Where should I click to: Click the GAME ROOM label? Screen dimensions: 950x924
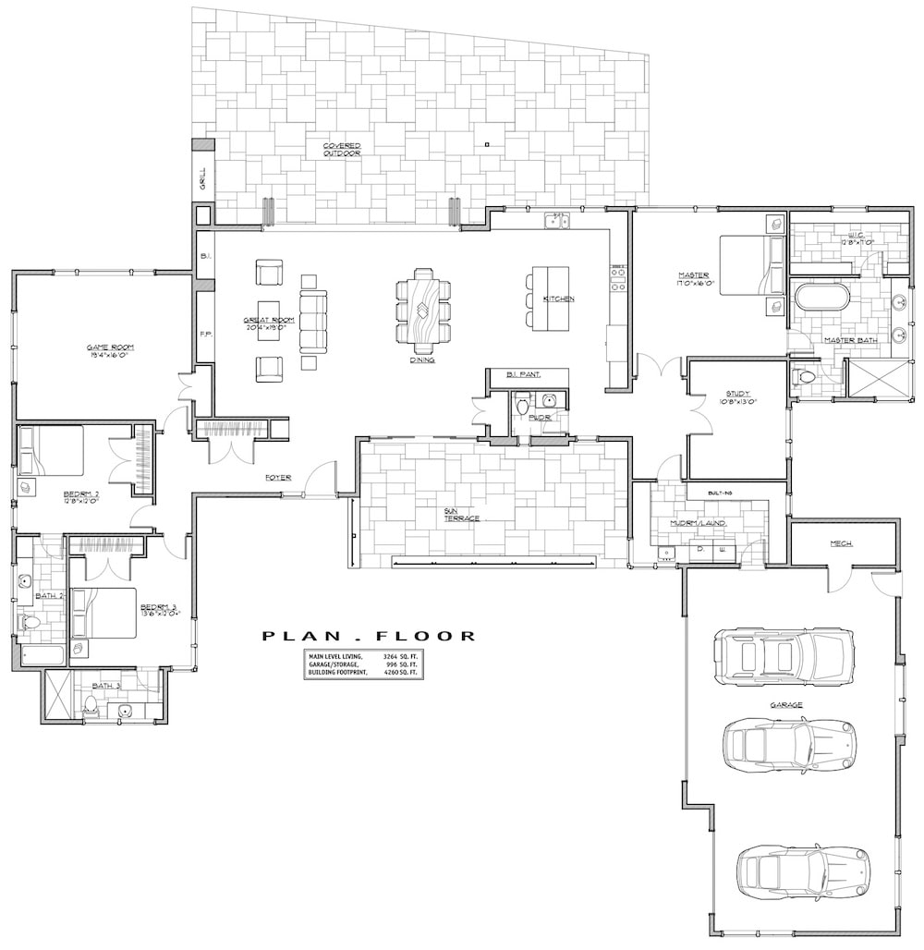click(x=111, y=347)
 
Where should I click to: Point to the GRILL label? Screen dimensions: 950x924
click(x=203, y=178)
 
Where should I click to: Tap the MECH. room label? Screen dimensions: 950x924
click(x=841, y=543)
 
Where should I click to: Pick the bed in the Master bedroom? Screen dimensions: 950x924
click(x=749, y=265)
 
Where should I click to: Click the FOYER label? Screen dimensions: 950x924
click(x=277, y=478)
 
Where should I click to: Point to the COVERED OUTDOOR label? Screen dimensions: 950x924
click(x=341, y=150)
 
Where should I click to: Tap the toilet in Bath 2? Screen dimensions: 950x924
click(x=30, y=623)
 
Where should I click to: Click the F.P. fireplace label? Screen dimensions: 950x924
click(x=205, y=335)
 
